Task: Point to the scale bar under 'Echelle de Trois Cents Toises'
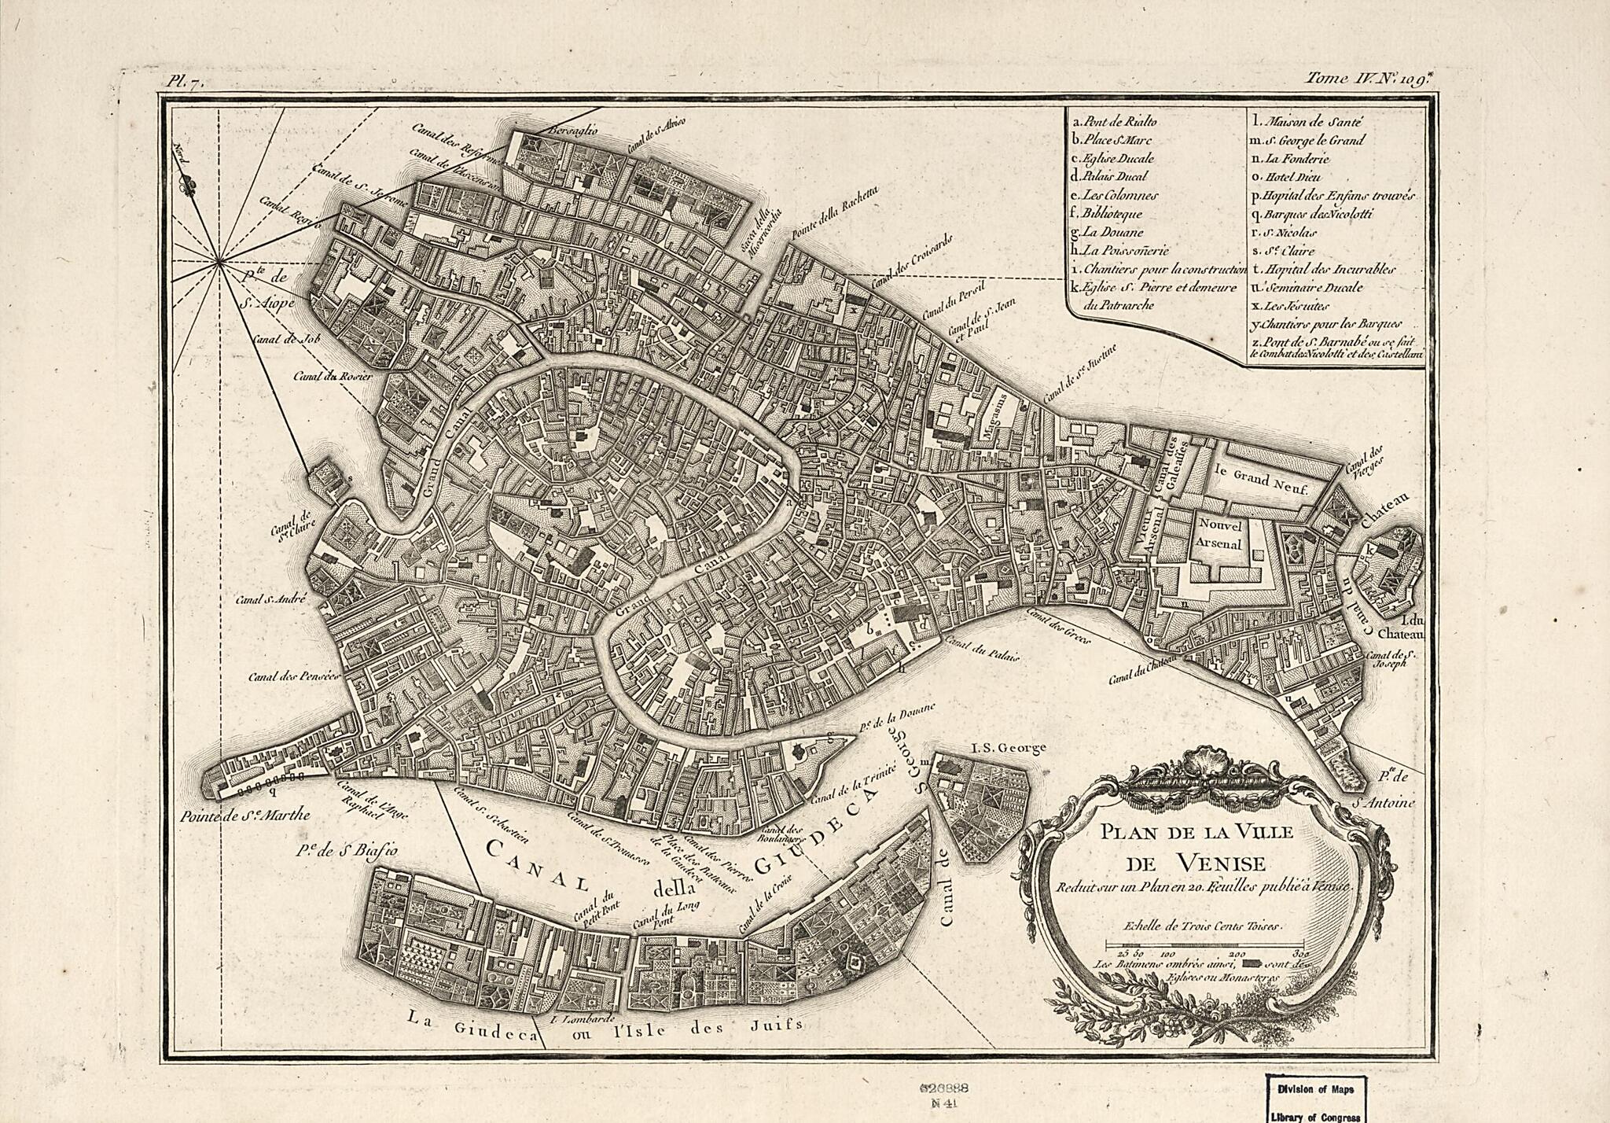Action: pos(1204,944)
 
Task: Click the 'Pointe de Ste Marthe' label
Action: pos(244,816)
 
